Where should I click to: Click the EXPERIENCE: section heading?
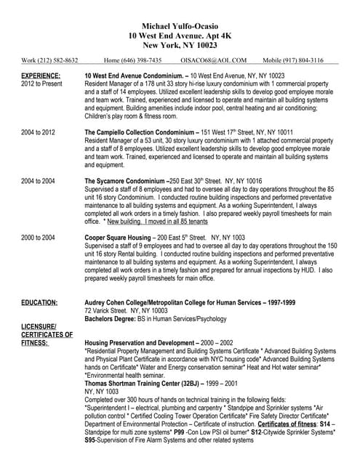click(x=41, y=75)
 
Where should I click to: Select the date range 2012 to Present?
click(x=43, y=84)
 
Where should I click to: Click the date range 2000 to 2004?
click(x=38, y=238)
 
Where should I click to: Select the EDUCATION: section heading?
click(x=40, y=301)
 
